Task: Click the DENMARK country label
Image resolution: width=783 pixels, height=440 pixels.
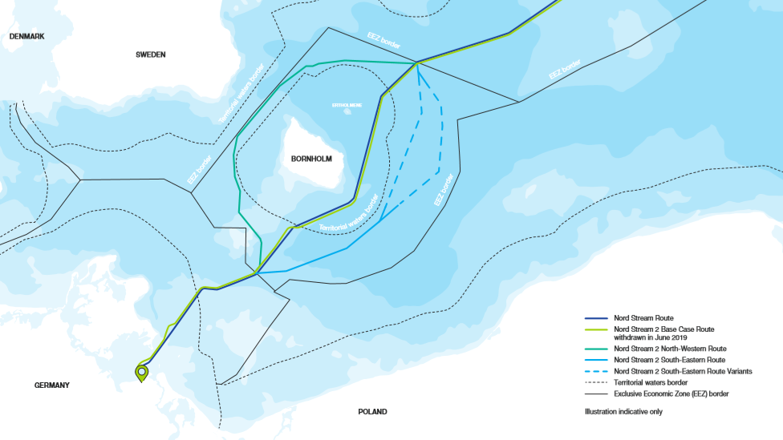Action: (x=26, y=37)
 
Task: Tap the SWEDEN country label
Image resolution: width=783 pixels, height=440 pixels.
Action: (x=150, y=54)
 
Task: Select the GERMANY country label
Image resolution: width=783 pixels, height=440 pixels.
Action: (x=51, y=386)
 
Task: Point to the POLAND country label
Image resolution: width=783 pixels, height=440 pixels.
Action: (x=372, y=412)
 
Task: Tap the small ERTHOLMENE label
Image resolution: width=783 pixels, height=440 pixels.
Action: (x=347, y=105)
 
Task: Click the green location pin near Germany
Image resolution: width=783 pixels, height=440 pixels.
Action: (x=142, y=373)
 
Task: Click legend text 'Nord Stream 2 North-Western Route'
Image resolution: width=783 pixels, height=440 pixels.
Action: (x=670, y=349)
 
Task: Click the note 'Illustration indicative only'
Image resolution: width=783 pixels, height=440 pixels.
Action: (x=623, y=411)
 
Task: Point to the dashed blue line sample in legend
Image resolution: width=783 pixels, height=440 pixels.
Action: (x=596, y=372)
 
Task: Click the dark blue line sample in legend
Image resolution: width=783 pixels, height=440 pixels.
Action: (x=596, y=318)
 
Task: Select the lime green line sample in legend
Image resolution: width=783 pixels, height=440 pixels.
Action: (x=596, y=329)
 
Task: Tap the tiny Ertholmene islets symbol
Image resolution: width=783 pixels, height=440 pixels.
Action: (x=347, y=113)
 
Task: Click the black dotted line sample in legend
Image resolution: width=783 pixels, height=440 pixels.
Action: (x=596, y=383)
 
